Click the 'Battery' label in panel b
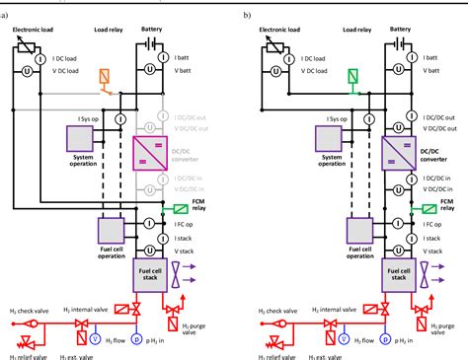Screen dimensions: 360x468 (400, 30)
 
